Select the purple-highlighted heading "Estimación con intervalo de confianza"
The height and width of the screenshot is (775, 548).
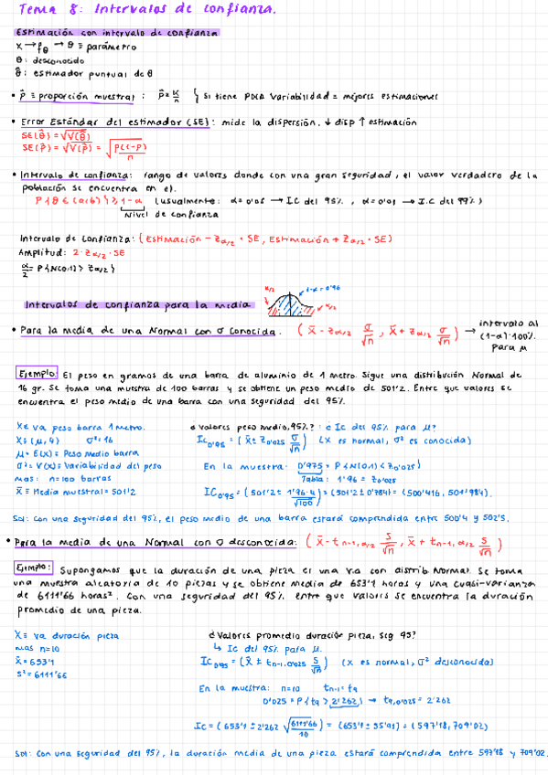tap(118, 32)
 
